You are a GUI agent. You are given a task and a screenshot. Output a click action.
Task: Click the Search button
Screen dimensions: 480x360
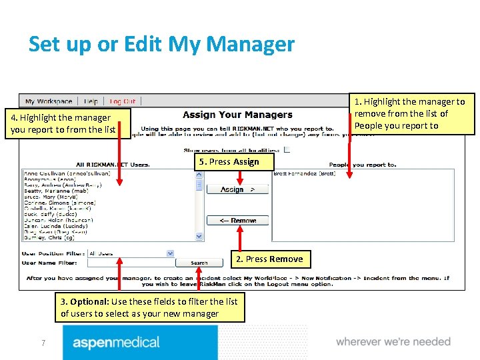[199, 263]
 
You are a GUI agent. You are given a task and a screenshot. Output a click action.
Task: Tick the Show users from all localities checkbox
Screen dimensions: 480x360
[287, 149]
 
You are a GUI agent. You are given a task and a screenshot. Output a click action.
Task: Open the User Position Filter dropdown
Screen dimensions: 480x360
[170, 253]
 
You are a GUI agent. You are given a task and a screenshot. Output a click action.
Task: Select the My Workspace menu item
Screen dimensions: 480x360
[49, 101]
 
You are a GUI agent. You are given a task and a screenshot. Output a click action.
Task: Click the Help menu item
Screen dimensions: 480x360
[91, 101]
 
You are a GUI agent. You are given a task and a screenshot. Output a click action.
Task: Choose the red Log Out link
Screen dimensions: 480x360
[122, 101]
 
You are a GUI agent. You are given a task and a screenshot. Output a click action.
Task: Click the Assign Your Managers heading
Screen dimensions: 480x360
[237, 115]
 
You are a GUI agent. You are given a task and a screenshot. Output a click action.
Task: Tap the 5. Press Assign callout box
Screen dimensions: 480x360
[227, 161]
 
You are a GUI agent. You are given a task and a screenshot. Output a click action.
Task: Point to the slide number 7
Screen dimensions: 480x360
[43, 343]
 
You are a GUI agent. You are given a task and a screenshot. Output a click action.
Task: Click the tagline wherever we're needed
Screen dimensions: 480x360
[393, 341]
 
